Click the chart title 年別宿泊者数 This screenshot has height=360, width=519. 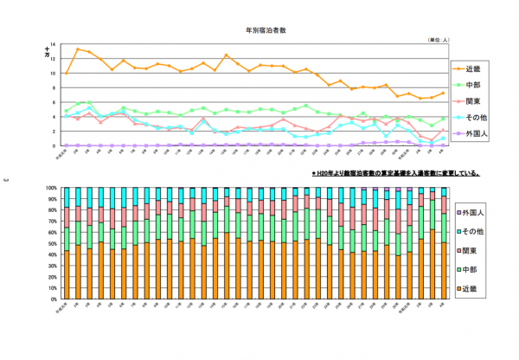coord(267,30)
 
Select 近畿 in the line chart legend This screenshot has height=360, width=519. coord(474,67)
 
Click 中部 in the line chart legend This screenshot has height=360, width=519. coord(474,85)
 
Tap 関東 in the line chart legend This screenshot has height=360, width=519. coord(474,101)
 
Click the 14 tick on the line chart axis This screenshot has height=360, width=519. coord(54,45)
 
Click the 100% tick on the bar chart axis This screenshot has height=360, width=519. coord(52,187)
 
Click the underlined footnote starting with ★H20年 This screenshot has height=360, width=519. coord(396,173)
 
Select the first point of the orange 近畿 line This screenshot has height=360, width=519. coord(67,74)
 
